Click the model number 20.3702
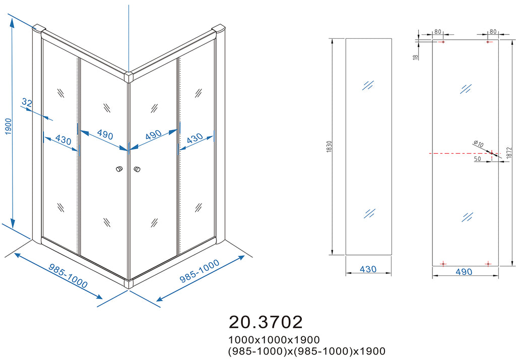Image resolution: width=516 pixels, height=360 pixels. pyautogui.click(x=266, y=322)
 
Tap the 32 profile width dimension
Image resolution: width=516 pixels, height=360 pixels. pyautogui.click(x=27, y=103)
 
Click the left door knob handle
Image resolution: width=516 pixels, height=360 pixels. pyautogui.click(x=119, y=169)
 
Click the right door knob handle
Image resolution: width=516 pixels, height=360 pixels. pyautogui.click(x=137, y=169)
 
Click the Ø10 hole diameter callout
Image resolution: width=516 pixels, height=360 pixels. pyautogui.click(x=478, y=144)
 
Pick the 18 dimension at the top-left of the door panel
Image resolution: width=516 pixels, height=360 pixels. pyautogui.click(x=416, y=57)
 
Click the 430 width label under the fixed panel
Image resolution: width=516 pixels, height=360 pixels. pyautogui.click(x=368, y=269)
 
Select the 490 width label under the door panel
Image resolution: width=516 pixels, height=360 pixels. pyautogui.click(x=464, y=272)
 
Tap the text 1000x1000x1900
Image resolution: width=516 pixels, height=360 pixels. pyautogui.click(x=274, y=339)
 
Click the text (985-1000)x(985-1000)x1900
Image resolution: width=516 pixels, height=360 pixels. pyautogui.click(x=307, y=351)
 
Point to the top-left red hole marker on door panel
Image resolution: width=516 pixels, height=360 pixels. pyautogui.click(x=443, y=42)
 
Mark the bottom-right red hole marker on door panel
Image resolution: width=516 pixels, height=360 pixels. pyautogui.click(x=488, y=264)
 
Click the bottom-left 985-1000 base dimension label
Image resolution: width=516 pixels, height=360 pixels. pyautogui.click(x=68, y=276)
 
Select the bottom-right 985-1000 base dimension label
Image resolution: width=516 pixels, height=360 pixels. pyautogui.click(x=200, y=271)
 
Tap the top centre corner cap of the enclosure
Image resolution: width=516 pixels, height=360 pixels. pyautogui.click(x=128, y=77)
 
